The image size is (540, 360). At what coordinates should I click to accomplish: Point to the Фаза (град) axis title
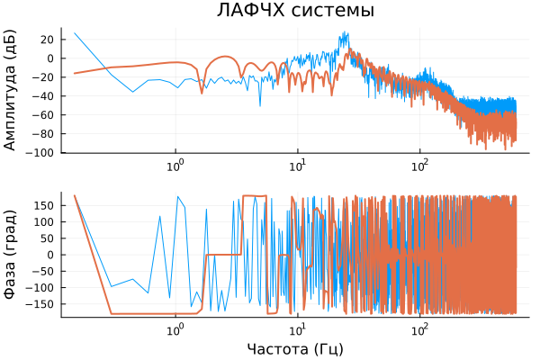point(12,254)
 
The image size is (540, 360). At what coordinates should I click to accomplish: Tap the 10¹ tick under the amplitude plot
point(298,166)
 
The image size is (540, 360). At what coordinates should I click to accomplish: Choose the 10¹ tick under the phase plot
point(298,329)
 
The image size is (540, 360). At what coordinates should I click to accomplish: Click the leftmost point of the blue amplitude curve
point(75,32)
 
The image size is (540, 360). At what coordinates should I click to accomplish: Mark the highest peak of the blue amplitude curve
point(346,32)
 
